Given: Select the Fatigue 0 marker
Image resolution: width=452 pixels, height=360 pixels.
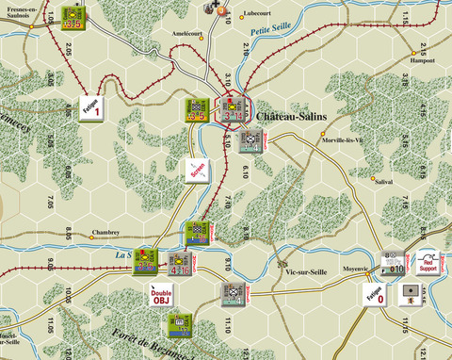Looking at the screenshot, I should pyautogui.click(x=375, y=294).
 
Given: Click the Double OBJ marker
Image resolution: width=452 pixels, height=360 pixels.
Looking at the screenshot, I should pyautogui.click(x=162, y=295).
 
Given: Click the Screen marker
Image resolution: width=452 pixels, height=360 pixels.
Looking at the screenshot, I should pyautogui.click(x=197, y=170).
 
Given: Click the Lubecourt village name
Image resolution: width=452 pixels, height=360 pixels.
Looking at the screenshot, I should pyautogui.click(x=263, y=13).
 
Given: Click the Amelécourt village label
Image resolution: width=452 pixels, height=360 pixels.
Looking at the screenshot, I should pyautogui.click(x=188, y=32).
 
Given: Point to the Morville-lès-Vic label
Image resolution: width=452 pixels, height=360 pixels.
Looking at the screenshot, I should pyautogui.click(x=347, y=139).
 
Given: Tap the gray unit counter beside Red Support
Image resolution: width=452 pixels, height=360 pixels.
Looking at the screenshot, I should pyautogui.click(x=395, y=263).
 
